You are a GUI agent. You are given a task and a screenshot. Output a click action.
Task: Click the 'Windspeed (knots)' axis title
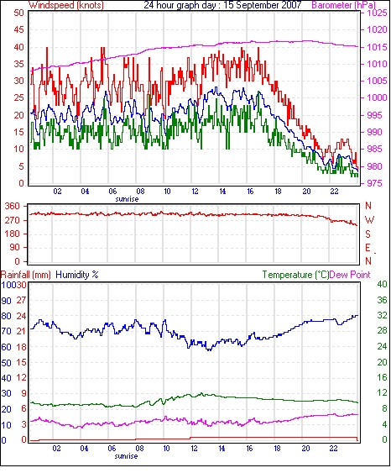pyautogui.click(x=66, y=5)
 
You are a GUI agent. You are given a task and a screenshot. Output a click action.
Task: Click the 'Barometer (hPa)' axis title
pyautogui.click(x=343, y=5)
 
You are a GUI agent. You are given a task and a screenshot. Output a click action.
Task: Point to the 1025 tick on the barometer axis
pyautogui.click(x=377, y=13)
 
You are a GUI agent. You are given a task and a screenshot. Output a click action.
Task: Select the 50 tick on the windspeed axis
pyautogui.click(x=18, y=13)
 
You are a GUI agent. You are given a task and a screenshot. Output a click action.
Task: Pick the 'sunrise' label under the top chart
pyautogui.click(x=127, y=199)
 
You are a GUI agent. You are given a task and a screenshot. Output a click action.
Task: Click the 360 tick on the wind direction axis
pyautogui.click(x=12, y=207)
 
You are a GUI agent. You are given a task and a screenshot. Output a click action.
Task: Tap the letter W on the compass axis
pyautogui.click(x=369, y=220)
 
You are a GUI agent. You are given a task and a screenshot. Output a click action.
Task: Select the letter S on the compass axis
pyautogui.click(x=368, y=234)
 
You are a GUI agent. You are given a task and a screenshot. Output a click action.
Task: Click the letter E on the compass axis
pyautogui.click(x=368, y=248)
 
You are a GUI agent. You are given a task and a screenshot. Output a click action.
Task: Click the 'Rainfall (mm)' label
pyautogui.click(x=26, y=275)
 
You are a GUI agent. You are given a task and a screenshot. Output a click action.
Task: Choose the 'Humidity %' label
pyautogui.click(x=77, y=275)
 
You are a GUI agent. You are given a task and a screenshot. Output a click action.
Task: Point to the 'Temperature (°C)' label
pyautogui.click(x=295, y=275)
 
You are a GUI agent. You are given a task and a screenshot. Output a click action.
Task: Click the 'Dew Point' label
pyautogui.click(x=350, y=275)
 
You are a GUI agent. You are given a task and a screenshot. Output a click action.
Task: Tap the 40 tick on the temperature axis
pyautogui.click(x=382, y=284)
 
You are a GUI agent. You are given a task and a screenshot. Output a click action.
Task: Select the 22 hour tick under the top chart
pyautogui.click(x=334, y=192)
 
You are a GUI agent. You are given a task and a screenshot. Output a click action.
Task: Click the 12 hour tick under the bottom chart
pyautogui.click(x=195, y=449)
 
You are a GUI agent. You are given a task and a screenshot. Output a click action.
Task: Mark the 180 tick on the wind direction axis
pyautogui.click(x=12, y=234)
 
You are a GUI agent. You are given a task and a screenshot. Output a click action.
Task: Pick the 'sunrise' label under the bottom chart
pyautogui.click(x=126, y=456)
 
